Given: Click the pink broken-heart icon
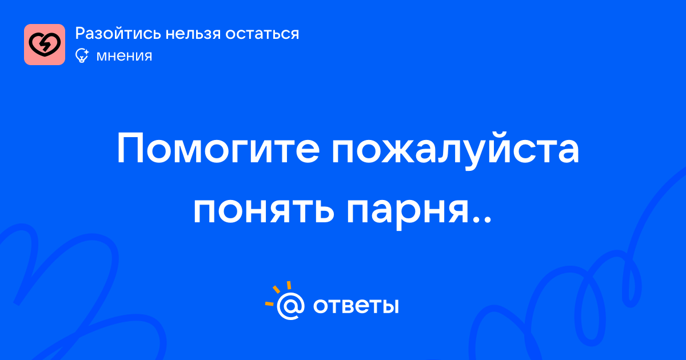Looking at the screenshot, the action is point(45,45).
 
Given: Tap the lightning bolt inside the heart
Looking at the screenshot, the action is point(45,45).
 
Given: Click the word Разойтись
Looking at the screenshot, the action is point(118,33).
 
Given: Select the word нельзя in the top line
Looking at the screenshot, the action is point(193,33).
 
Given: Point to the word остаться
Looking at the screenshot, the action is point(262,34).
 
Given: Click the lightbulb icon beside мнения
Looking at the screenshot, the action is point(82,56).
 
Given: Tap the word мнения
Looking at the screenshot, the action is point(124,57).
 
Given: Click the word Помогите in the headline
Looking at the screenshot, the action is point(218,149).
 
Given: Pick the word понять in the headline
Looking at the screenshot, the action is point(264,211).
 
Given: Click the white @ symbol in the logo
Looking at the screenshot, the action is point(290,306).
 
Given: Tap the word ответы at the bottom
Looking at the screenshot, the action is point(356,306).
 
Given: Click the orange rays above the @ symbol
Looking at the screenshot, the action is point(278,293).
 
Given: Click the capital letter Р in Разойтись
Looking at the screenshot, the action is point(80,33).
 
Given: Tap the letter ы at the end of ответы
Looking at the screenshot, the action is point(391,306).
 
